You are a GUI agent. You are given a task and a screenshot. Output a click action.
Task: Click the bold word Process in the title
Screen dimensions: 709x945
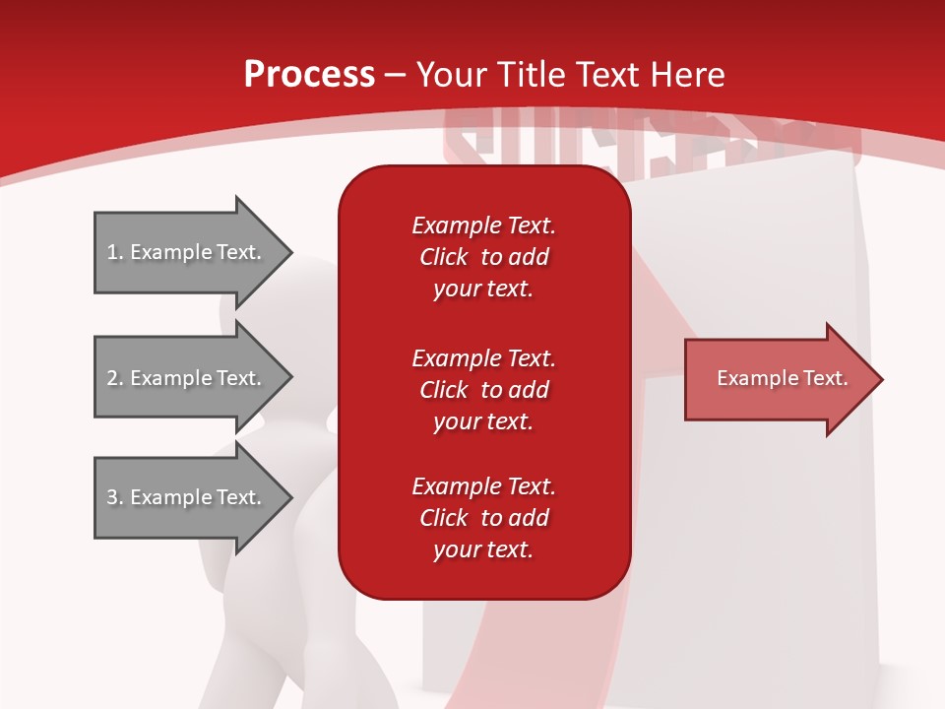(309, 75)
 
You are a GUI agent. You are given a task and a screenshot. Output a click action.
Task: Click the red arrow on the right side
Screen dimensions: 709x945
(778, 379)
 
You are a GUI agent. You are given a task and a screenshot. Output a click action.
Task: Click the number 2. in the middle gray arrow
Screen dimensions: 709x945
(115, 378)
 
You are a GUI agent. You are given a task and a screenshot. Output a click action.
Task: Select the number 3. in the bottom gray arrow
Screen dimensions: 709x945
(115, 497)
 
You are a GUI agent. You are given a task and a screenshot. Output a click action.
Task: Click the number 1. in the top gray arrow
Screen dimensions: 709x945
(115, 252)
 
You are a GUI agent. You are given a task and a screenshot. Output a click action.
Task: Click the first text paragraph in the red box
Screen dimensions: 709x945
(483, 257)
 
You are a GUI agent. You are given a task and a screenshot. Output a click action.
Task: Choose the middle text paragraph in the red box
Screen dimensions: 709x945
(483, 390)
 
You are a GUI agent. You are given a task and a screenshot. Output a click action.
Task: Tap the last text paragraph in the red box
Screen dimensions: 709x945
(483, 518)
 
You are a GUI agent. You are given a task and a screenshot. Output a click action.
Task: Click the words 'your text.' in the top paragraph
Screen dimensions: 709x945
(483, 290)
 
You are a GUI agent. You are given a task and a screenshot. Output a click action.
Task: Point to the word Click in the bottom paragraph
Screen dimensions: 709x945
(443, 518)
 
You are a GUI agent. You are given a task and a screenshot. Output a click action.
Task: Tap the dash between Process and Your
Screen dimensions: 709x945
(395, 76)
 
